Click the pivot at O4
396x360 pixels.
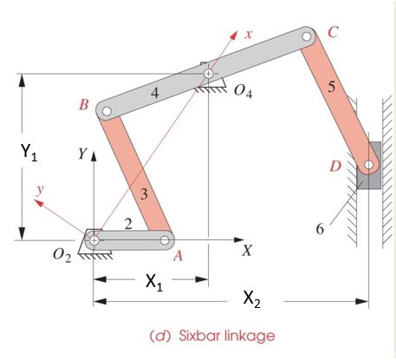208,75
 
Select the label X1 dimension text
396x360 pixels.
152,281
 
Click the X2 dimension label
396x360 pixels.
250,301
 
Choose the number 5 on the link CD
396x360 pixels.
328,87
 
